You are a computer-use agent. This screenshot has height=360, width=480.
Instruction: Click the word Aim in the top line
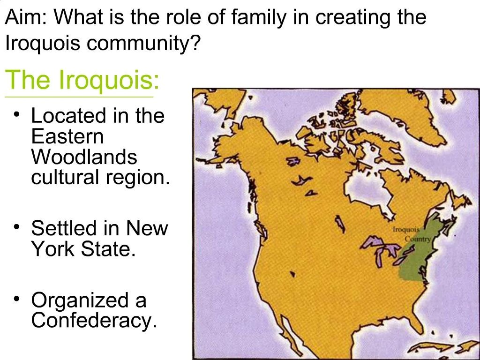click(x=24, y=18)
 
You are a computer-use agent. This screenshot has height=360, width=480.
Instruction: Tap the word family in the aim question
click(x=257, y=18)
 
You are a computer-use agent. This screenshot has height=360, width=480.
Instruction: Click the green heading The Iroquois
click(x=82, y=80)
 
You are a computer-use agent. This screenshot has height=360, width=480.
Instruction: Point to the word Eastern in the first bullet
click(x=67, y=136)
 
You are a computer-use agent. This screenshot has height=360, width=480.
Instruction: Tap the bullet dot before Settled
click(x=18, y=227)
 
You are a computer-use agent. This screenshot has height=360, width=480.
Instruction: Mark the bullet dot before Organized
click(x=18, y=299)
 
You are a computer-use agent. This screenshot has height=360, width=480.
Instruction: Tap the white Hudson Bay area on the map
click(x=363, y=187)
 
